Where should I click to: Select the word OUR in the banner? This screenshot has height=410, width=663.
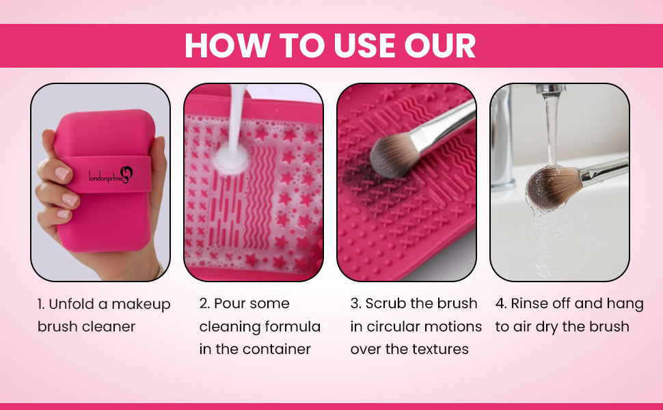[x=440, y=45]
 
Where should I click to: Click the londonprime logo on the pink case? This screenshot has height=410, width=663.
[x=111, y=175]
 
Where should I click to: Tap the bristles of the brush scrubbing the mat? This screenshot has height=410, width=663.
[x=391, y=154]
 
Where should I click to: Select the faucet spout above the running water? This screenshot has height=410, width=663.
[x=550, y=88]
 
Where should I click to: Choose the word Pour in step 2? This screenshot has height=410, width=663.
[x=230, y=303]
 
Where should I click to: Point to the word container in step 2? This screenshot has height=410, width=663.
[x=276, y=349]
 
